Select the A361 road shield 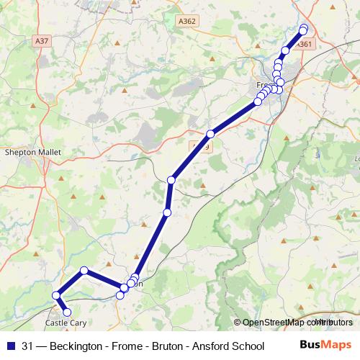click(305, 45)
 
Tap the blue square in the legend click(11, 345)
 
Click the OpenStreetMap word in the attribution click(275, 323)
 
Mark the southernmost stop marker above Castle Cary click(67, 312)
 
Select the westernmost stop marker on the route click(55, 294)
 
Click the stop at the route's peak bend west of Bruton click(84, 271)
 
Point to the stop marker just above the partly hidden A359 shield click(211, 133)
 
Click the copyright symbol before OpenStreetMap click(238, 323)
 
